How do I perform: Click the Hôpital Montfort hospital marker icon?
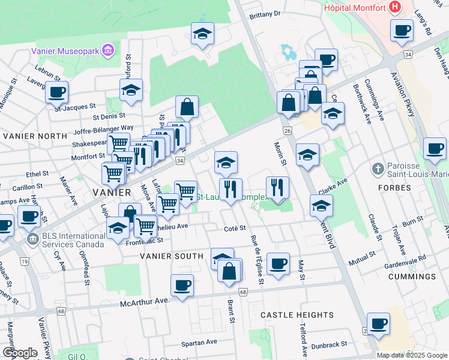click(x=395, y=8)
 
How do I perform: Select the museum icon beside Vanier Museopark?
click(x=108, y=49)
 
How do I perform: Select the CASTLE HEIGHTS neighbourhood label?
click(x=297, y=315)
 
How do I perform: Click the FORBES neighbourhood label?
click(x=394, y=188)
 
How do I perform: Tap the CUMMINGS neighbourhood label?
click(x=412, y=277)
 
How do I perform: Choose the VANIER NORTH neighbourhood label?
click(x=35, y=136)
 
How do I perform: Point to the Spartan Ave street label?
click(x=199, y=343)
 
